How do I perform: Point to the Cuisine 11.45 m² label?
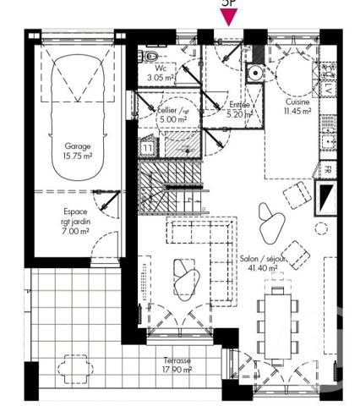click(298, 106)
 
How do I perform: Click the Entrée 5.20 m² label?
click(240, 109)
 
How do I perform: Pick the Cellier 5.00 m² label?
click(172, 115)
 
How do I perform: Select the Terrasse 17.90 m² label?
click(177, 365)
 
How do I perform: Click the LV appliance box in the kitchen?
click(327, 88)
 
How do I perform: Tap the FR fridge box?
click(327, 169)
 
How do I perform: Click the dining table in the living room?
click(278, 322)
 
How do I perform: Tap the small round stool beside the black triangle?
click(321, 228)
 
